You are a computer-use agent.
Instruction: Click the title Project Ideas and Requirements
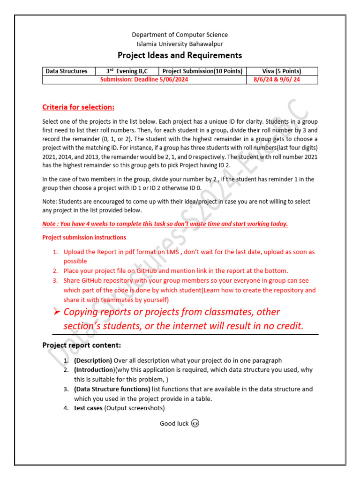pos(180,55)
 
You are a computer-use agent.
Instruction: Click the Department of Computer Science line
pos(180,35)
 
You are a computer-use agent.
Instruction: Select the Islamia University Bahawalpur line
pos(180,44)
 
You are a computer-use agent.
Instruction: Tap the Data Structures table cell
pos(67,71)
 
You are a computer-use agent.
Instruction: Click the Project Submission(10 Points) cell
pos(202,71)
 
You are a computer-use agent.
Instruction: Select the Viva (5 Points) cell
pos(282,71)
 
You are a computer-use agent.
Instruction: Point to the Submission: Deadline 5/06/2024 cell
pos(144,80)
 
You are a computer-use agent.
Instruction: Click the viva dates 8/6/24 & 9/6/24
pos(282,80)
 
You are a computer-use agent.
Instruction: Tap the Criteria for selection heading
pos(78,107)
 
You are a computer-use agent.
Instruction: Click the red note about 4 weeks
pos(165,224)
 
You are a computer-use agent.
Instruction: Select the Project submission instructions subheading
pos(84,238)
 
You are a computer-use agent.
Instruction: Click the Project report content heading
pos(82,345)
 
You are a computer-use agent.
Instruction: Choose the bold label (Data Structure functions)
pos(112,389)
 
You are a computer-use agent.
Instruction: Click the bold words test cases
pos(88,408)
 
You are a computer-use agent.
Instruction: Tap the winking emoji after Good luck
pos(195,424)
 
